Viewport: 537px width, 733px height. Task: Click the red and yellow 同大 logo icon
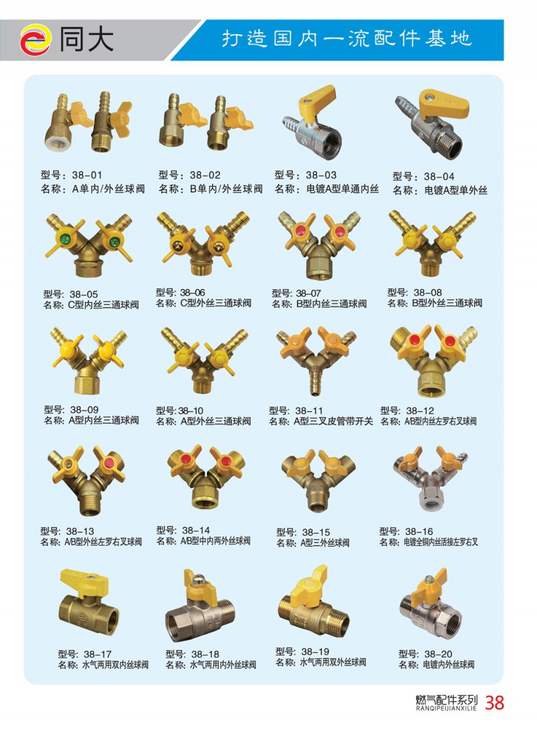click(x=35, y=40)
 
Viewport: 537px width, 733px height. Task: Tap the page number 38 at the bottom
click(x=495, y=702)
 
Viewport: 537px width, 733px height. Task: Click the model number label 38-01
click(x=87, y=175)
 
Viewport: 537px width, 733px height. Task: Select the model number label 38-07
click(x=309, y=293)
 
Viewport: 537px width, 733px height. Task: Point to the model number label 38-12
click(x=420, y=410)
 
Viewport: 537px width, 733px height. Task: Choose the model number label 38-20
click(x=438, y=654)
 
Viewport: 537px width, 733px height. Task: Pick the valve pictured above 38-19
click(x=313, y=602)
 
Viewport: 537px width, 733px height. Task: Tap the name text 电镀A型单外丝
click(x=456, y=190)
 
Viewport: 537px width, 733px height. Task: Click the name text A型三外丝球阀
click(x=325, y=543)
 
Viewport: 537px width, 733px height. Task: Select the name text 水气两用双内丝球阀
click(x=115, y=665)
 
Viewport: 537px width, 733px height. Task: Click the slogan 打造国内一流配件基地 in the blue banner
click(x=346, y=38)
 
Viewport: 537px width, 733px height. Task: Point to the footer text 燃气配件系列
click(x=447, y=700)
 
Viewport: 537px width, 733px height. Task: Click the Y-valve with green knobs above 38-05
click(x=89, y=245)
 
